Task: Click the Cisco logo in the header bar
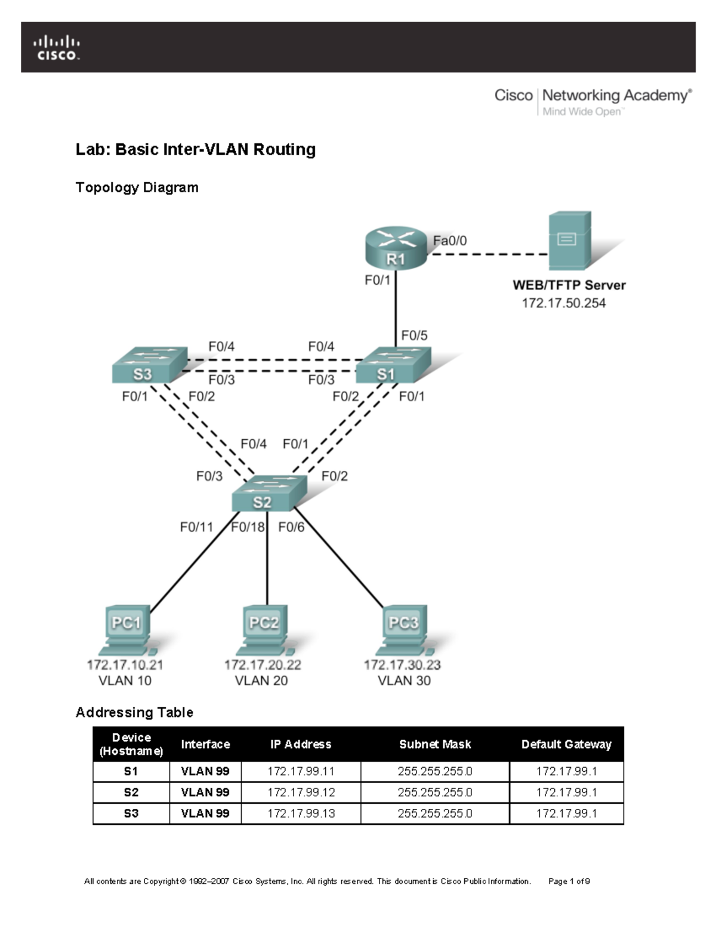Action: [x=56, y=48]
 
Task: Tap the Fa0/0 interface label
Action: [x=450, y=241]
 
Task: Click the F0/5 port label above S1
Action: [x=414, y=335]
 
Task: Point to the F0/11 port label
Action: [x=196, y=527]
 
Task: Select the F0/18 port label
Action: [x=248, y=527]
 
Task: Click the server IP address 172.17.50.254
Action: [x=563, y=303]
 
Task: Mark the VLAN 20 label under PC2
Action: [x=261, y=680]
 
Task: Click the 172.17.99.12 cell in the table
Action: [x=301, y=792]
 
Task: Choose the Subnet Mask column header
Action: [x=435, y=744]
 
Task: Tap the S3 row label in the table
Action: [x=131, y=813]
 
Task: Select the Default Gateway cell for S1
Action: [x=566, y=771]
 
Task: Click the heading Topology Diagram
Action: [x=137, y=187]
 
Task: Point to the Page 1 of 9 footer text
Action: [x=569, y=881]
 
